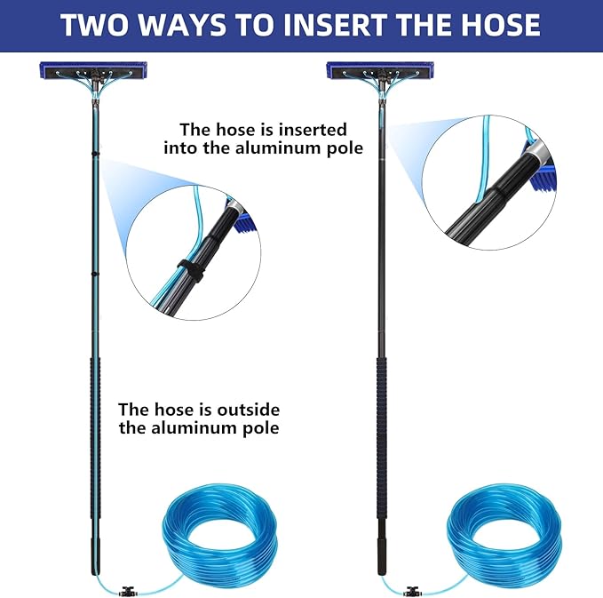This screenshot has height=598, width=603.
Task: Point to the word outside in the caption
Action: click(249, 410)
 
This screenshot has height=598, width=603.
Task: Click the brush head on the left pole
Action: click(93, 70)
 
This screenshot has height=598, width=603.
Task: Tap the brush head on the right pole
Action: click(380, 70)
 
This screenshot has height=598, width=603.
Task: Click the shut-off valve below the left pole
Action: click(128, 592)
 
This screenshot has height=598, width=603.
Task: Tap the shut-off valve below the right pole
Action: click(413, 592)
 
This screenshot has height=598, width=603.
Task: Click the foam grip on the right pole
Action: click(381, 437)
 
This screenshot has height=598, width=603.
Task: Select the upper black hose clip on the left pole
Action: click(95, 154)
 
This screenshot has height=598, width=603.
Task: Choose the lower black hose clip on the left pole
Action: click(95, 274)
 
